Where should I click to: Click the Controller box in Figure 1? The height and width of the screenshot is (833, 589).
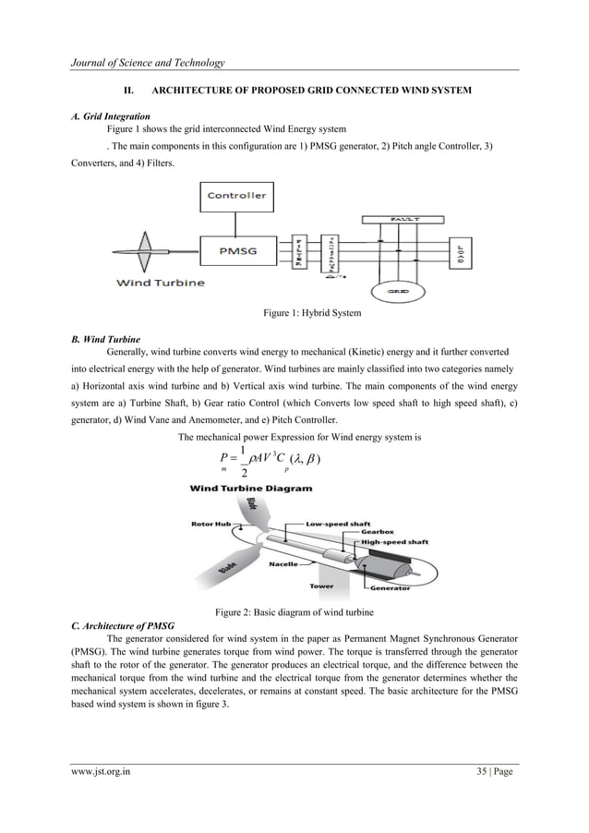coord(237,195)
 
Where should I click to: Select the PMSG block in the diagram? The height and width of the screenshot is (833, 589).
coord(237,250)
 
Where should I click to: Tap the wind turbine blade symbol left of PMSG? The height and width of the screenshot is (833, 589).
coord(144,250)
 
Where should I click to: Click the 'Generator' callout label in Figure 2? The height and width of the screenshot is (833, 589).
coord(392,587)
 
